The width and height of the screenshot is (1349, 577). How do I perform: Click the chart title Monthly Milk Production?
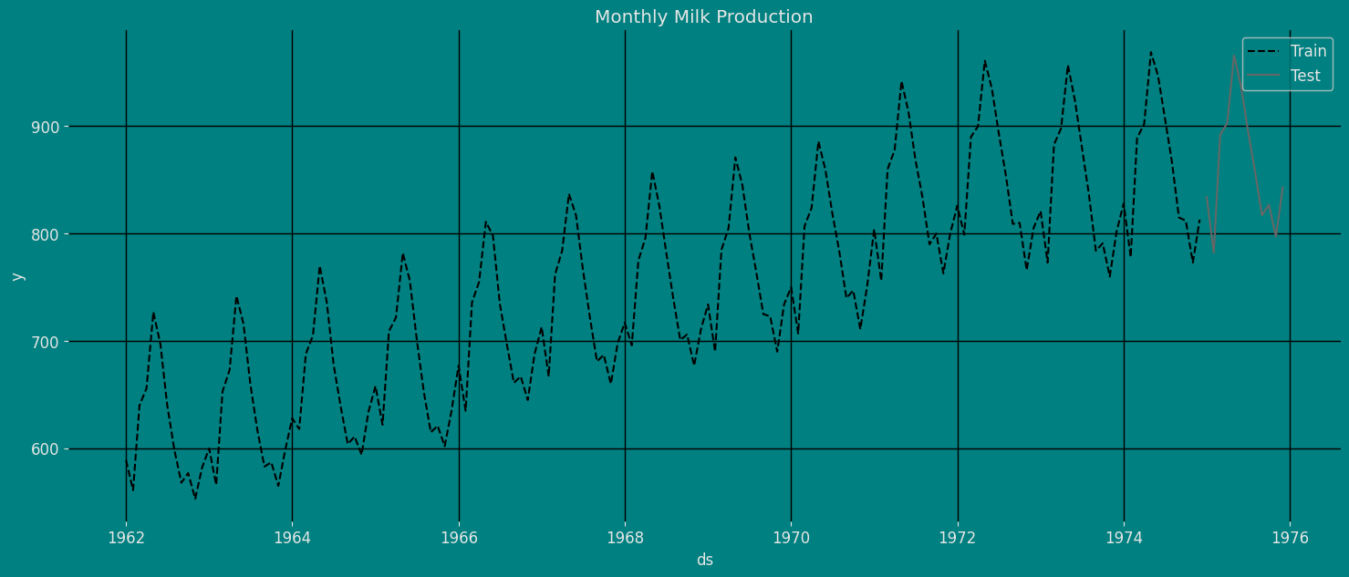tap(703, 17)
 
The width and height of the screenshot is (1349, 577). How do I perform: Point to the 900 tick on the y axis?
tap(97, 127)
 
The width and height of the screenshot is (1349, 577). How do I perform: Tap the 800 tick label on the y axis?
tap(97, 234)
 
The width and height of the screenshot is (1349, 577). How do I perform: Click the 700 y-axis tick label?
tap(97, 342)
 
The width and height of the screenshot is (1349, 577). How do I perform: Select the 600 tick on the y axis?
tap(97, 449)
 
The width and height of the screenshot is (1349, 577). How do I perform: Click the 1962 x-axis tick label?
tap(126, 538)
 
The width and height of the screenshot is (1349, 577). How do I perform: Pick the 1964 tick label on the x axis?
tap(292, 538)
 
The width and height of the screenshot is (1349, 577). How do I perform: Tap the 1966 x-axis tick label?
tap(459, 538)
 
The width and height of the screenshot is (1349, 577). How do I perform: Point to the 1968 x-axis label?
tap(625, 538)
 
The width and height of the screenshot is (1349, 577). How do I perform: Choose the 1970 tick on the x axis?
tap(791, 538)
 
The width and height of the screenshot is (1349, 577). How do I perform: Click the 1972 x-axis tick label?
tap(958, 538)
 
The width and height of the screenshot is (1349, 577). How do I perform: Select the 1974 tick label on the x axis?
tap(1124, 538)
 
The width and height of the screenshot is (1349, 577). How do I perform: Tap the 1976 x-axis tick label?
tap(1290, 538)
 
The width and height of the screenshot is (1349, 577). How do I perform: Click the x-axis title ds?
tap(704, 560)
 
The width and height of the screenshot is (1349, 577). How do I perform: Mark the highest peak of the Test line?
tap(1234, 56)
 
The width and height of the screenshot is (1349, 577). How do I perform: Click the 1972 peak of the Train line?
tap(985, 61)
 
